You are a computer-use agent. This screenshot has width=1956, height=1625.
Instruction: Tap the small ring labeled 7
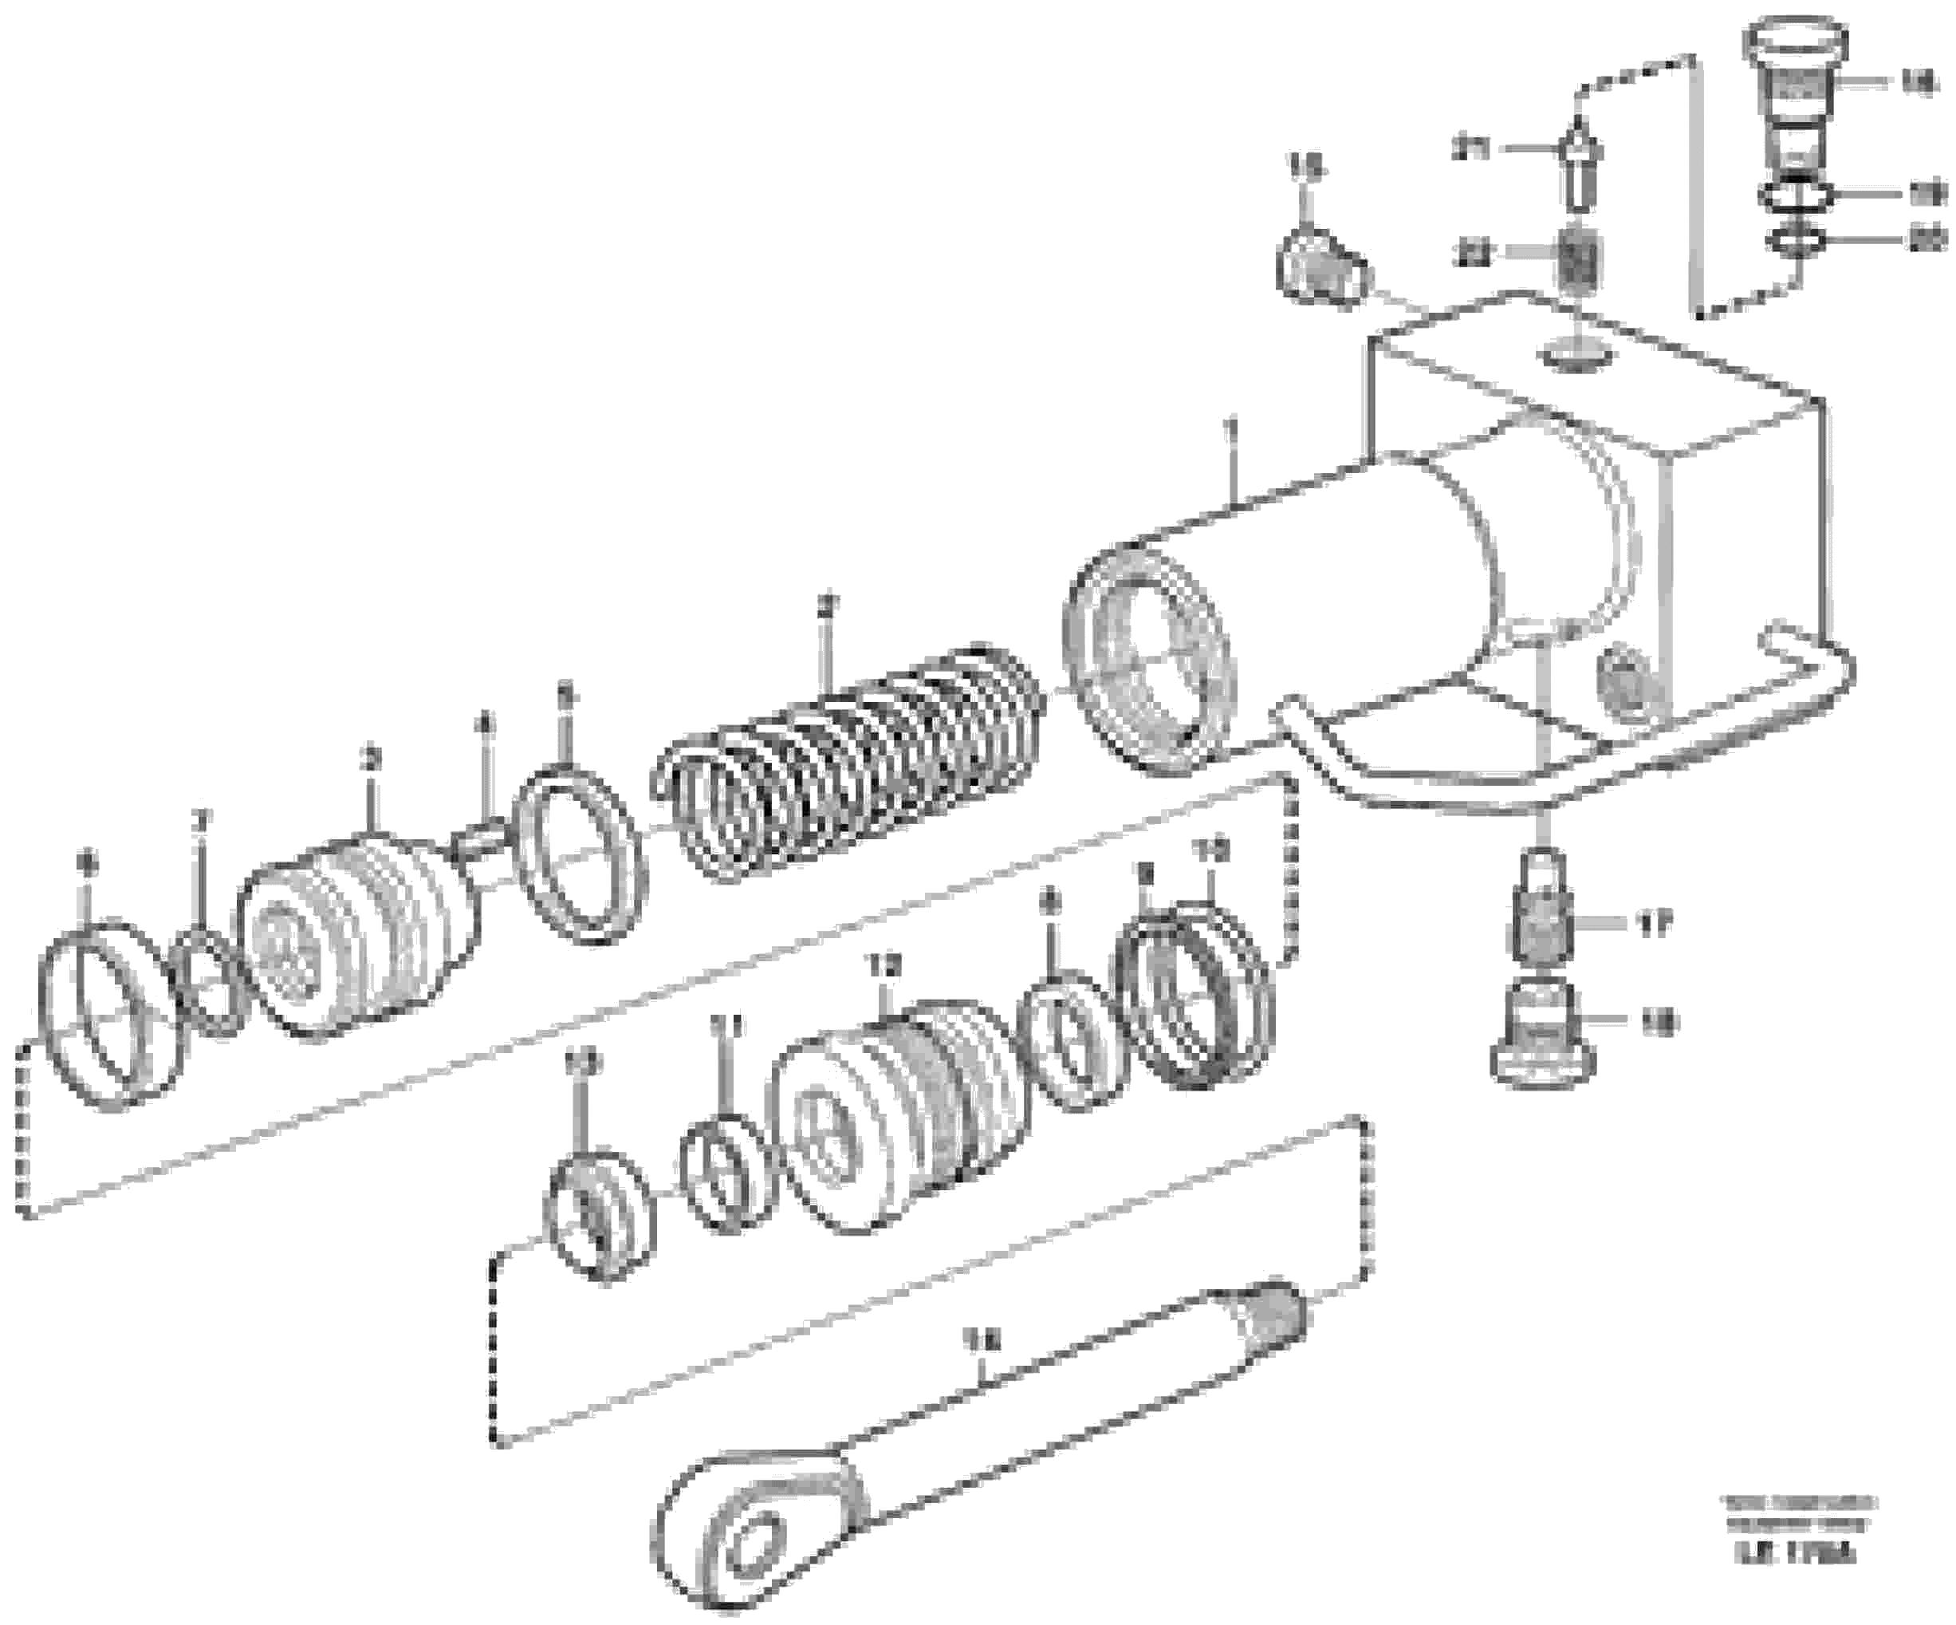[x=215, y=978]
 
